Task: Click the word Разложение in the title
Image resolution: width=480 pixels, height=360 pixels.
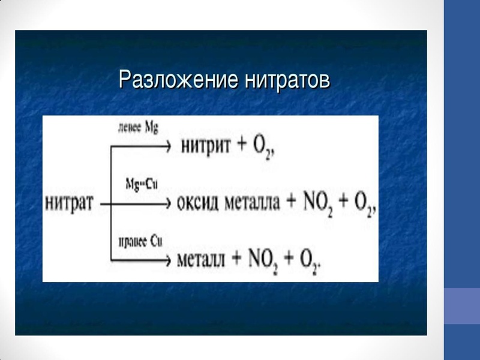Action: click(172, 80)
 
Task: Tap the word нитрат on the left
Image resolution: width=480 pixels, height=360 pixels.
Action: click(69, 203)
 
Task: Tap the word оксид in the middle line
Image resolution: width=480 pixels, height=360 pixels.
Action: click(200, 203)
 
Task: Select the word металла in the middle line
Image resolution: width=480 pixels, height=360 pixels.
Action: click(253, 203)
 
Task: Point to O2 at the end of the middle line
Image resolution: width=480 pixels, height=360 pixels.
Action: click(362, 205)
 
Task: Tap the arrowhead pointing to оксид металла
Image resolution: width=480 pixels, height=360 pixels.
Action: click(168, 204)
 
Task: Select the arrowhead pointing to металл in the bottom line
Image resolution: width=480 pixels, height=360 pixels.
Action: click(168, 260)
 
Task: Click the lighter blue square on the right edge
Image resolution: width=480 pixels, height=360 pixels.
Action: click(461, 307)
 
